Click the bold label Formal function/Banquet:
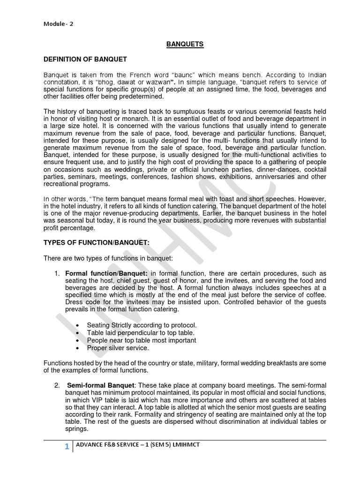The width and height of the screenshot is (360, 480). pos(106,273)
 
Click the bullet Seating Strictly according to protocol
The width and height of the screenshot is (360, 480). pos(142,325)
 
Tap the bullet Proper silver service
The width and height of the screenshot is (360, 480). pos(118,348)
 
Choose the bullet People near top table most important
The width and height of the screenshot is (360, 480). pos(141,340)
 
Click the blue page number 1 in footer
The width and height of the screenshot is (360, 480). pos(67,447)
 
